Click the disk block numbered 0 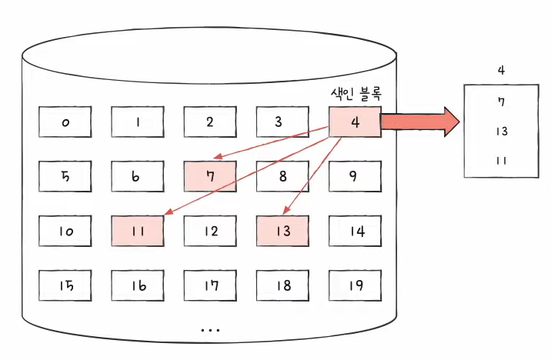[66, 122]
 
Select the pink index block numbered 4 [355, 122]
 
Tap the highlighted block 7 [210, 175]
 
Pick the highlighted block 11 [138, 230]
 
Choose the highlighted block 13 [283, 230]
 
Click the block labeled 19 [355, 285]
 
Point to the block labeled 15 [66, 285]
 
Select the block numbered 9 [355, 175]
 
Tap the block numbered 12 [210, 230]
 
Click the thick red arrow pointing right [419, 122]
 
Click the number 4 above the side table [501, 70]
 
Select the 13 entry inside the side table [501, 131]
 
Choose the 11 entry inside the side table [501, 161]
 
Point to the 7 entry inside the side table [501, 102]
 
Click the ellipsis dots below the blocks [210, 329]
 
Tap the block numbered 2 [210, 122]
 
